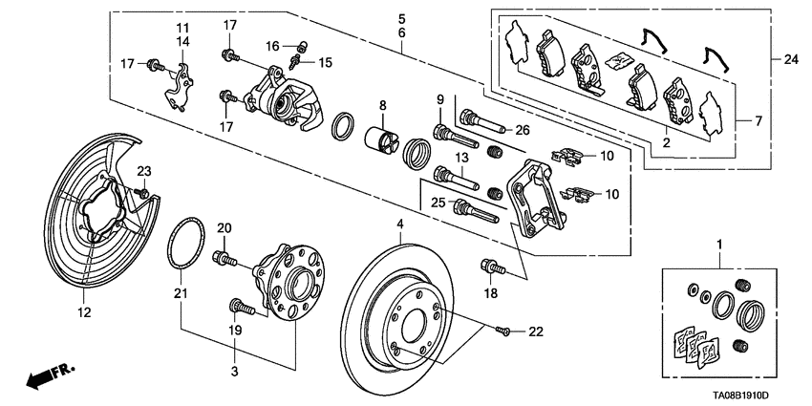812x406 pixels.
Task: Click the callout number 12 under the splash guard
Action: [x=84, y=312]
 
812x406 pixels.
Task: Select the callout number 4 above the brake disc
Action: [x=400, y=225]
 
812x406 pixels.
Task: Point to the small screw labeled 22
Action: [x=505, y=331]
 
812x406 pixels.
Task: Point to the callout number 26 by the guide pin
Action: [x=522, y=131]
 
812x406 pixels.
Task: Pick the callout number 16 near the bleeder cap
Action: [x=272, y=45]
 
